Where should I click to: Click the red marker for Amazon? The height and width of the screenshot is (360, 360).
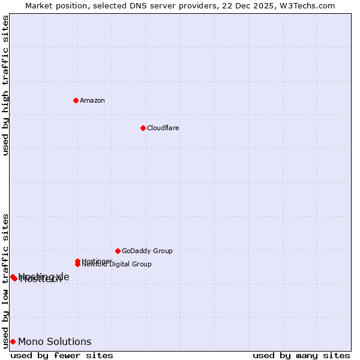76,100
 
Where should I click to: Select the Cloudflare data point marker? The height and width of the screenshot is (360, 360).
143,128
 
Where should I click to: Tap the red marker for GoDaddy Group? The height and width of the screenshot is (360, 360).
118,251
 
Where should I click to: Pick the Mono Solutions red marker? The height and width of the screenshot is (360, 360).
13,341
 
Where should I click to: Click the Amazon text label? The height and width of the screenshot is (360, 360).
92,100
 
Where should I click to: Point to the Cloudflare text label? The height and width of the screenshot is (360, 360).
163,128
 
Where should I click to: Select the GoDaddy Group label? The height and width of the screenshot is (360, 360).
147,251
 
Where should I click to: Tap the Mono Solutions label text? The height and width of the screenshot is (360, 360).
55,341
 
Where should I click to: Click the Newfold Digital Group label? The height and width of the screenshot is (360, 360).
116,265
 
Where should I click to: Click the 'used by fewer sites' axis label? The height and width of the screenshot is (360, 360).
62,355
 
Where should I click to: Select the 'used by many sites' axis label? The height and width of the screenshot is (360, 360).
301,355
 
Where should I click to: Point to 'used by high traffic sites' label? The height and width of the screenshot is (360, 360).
5,85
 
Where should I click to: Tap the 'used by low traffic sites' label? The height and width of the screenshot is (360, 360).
5,281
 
